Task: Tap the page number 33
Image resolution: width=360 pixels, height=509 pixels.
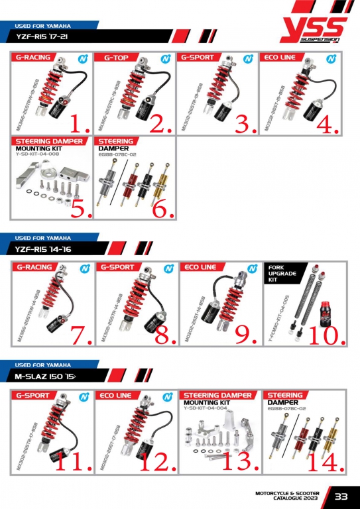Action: pos(341,496)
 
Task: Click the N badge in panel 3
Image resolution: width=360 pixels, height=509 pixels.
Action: pos(248,58)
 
